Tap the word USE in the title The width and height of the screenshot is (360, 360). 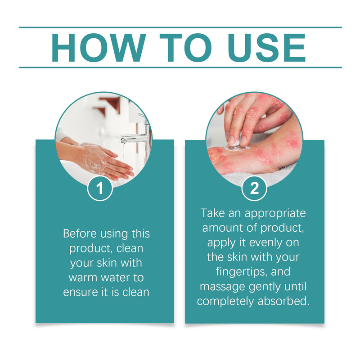(267, 48)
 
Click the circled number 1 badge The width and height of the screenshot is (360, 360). (99, 188)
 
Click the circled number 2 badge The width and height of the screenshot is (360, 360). (254, 188)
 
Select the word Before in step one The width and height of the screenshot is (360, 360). (80, 234)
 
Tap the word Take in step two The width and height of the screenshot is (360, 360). (212, 213)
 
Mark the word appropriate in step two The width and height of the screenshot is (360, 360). (275, 214)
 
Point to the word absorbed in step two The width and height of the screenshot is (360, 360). (283, 301)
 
